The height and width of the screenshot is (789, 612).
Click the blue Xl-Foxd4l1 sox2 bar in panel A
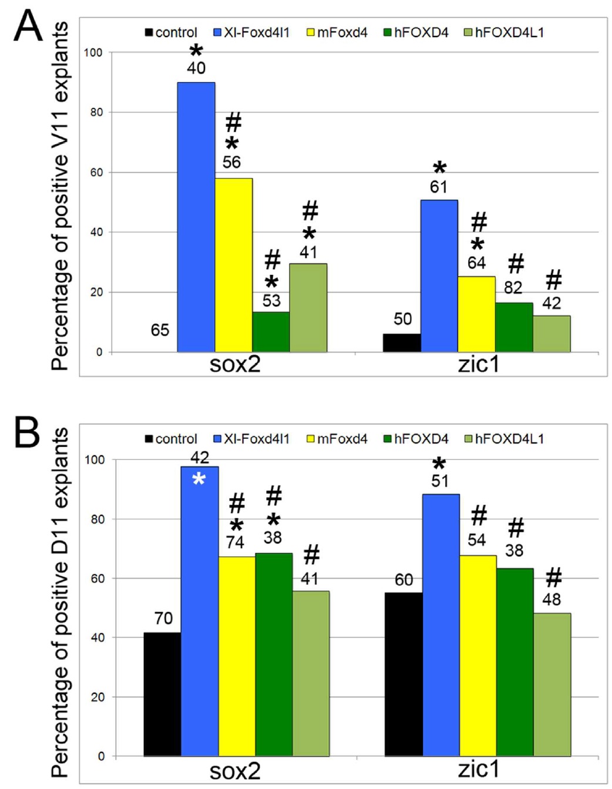click(x=196, y=217)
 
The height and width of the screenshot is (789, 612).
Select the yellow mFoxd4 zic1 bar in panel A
click(x=476, y=314)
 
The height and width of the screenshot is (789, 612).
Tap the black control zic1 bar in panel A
click(x=402, y=343)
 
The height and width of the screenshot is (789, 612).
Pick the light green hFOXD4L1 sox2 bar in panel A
click(x=308, y=308)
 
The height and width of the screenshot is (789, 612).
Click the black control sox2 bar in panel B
click(x=162, y=694)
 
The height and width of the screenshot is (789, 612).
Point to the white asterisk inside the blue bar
click(x=199, y=479)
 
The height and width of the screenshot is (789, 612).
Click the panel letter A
click(x=28, y=26)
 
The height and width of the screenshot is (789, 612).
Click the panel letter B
click(x=27, y=433)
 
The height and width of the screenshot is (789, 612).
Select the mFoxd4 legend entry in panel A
click(x=337, y=32)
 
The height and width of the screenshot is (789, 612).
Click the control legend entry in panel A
click(x=171, y=32)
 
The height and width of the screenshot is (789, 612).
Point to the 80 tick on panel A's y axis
click(x=96, y=112)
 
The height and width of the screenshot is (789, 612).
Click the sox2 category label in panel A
click(x=235, y=364)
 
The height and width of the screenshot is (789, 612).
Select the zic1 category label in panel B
click(x=479, y=769)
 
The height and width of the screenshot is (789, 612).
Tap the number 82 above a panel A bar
click(x=513, y=287)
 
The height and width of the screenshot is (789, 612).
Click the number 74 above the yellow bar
click(x=235, y=542)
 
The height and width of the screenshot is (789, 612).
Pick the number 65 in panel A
click(x=160, y=330)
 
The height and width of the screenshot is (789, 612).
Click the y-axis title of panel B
click(x=60, y=602)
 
